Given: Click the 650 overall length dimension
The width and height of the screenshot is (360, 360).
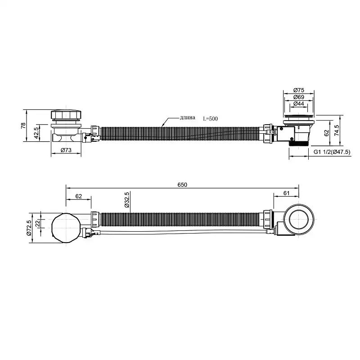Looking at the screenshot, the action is pyautogui.click(x=182, y=184).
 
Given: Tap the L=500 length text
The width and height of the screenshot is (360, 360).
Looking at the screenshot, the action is pyautogui.click(x=210, y=119).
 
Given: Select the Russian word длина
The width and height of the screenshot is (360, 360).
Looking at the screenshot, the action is pyautogui.click(x=188, y=118).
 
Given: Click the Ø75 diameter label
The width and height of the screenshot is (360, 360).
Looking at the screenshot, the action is pyautogui.click(x=299, y=90).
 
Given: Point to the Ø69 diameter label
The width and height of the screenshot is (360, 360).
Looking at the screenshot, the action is pyautogui.click(x=299, y=97).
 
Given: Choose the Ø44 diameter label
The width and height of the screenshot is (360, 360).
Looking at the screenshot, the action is pyautogui.click(x=299, y=104).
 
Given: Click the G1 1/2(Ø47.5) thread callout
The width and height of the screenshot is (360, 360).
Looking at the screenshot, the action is pyautogui.click(x=332, y=152).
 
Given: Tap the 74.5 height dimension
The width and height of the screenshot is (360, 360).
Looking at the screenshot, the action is pyautogui.click(x=337, y=130).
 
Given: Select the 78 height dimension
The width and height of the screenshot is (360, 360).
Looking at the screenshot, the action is pyautogui.click(x=23, y=126).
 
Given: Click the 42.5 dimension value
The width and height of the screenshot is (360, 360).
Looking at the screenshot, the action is pyautogui.click(x=36, y=133).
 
